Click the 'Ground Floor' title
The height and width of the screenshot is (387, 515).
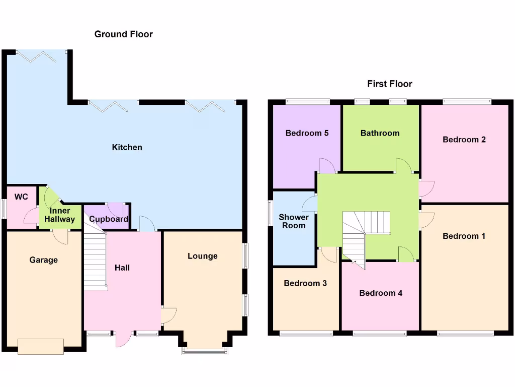coord(123,34)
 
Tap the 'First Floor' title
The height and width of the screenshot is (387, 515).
coord(389,84)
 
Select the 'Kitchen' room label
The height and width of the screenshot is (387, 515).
coord(127,147)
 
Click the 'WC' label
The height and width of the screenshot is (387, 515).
coord(21,197)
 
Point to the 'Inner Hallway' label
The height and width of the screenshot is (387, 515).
coord(59,215)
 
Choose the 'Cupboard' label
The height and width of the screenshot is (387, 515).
coord(108,219)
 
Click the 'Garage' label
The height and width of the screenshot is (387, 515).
coord(43,260)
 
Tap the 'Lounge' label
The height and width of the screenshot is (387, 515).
coord(203,256)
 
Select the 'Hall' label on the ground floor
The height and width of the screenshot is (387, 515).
coord(122,268)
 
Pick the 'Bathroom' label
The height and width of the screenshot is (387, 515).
coord(380,133)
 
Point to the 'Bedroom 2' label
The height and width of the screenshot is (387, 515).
coord(464,140)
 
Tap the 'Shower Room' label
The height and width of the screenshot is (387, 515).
coord(294,221)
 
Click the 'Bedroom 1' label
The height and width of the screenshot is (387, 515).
coord(464,236)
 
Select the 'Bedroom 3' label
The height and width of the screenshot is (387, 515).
coord(305,283)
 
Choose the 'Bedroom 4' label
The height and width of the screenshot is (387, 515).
coord(380,293)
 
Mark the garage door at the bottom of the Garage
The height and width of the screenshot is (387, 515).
coord(41,346)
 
